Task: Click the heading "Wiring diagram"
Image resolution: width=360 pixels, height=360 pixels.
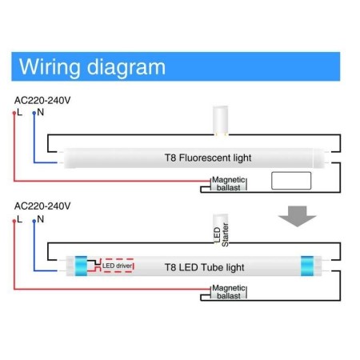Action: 92,66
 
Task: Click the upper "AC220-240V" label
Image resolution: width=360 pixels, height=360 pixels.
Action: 42,99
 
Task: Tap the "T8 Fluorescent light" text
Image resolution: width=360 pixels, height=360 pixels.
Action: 203,158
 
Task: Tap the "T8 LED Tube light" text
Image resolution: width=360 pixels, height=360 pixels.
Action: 204,266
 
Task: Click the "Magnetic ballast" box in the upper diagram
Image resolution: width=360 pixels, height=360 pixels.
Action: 228,184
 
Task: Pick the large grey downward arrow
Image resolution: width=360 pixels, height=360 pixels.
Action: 296,215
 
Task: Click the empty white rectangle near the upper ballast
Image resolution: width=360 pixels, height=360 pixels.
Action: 290,180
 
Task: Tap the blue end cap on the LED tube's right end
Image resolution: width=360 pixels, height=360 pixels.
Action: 307,266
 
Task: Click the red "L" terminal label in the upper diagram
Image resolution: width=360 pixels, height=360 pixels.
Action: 19,112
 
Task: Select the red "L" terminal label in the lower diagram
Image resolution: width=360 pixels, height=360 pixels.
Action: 19,218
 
